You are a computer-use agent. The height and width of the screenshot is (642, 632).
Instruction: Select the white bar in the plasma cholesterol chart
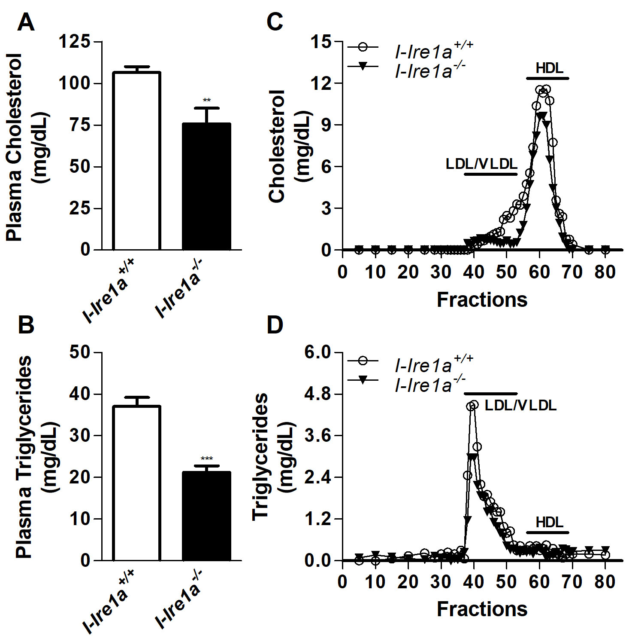click(136, 161)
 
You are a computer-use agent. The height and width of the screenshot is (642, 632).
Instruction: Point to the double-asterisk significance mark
click(207, 101)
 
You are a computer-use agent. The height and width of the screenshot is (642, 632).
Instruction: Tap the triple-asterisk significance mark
click(207, 459)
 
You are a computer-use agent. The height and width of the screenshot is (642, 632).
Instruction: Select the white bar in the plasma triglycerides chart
click(136, 483)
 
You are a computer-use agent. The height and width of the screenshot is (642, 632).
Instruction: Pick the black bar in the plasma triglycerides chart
click(206, 516)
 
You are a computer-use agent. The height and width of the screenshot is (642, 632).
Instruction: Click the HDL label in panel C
click(549, 68)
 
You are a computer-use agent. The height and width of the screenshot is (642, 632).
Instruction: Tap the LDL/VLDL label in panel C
click(481, 164)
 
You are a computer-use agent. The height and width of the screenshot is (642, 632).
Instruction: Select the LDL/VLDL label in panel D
click(520, 405)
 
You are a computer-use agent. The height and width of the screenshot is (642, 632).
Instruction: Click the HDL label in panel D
click(549, 523)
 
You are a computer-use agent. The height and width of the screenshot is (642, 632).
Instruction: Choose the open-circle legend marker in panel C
click(363, 47)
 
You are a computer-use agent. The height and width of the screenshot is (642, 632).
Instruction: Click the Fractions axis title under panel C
click(482, 300)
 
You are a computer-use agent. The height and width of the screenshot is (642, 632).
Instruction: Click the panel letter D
click(275, 325)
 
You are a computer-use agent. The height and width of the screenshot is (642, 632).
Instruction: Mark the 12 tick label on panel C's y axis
click(322, 83)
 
